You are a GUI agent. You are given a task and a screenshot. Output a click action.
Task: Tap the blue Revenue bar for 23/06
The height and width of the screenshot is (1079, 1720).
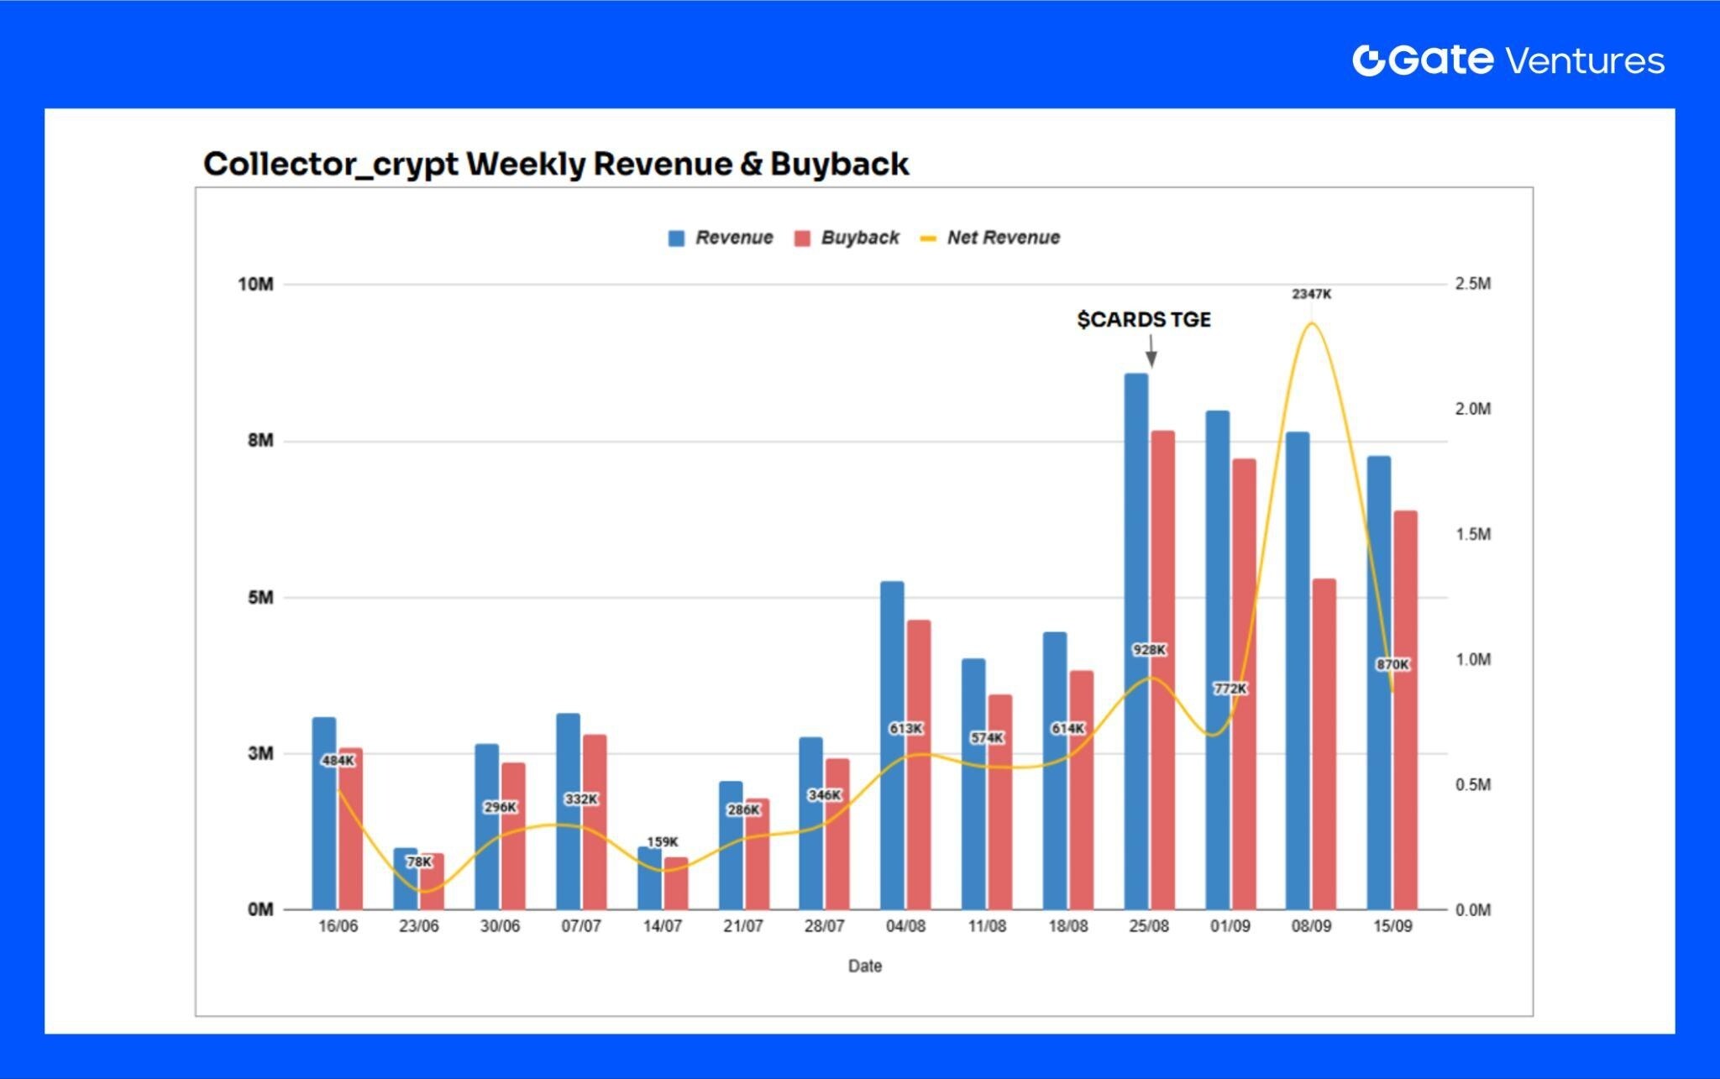405,878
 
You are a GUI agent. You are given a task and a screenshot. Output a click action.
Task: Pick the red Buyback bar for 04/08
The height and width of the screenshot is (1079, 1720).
919,764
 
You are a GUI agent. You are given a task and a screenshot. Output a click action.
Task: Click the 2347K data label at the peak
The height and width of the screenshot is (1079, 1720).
1311,295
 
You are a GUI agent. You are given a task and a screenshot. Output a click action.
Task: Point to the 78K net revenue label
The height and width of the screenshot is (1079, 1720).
418,862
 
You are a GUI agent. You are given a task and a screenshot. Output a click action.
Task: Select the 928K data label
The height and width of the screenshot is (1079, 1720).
1149,650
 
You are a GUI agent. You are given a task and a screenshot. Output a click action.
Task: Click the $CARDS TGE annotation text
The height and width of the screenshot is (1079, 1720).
1143,320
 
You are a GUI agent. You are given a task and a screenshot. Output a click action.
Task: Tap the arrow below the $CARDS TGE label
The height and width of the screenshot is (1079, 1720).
1151,350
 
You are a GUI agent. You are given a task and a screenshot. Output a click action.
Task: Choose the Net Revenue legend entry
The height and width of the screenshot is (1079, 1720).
1003,238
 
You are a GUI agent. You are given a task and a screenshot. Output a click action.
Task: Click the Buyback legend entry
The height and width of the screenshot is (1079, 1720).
859,238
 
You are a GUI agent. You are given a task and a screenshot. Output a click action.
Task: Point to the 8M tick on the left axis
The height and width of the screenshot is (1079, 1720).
260,441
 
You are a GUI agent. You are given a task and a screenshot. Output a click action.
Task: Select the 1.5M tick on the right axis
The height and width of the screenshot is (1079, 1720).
1472,534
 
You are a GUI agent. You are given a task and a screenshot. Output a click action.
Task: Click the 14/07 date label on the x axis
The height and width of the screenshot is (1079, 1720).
662,926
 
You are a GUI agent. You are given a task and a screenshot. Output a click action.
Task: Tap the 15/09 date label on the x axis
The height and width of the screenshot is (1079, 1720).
1392,926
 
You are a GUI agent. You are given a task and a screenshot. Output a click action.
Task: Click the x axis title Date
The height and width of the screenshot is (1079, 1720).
864,966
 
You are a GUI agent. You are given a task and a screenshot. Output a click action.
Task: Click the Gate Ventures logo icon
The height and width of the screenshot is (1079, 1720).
1368,60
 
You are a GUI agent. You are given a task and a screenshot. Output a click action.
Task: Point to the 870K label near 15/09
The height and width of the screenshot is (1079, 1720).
1392,664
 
